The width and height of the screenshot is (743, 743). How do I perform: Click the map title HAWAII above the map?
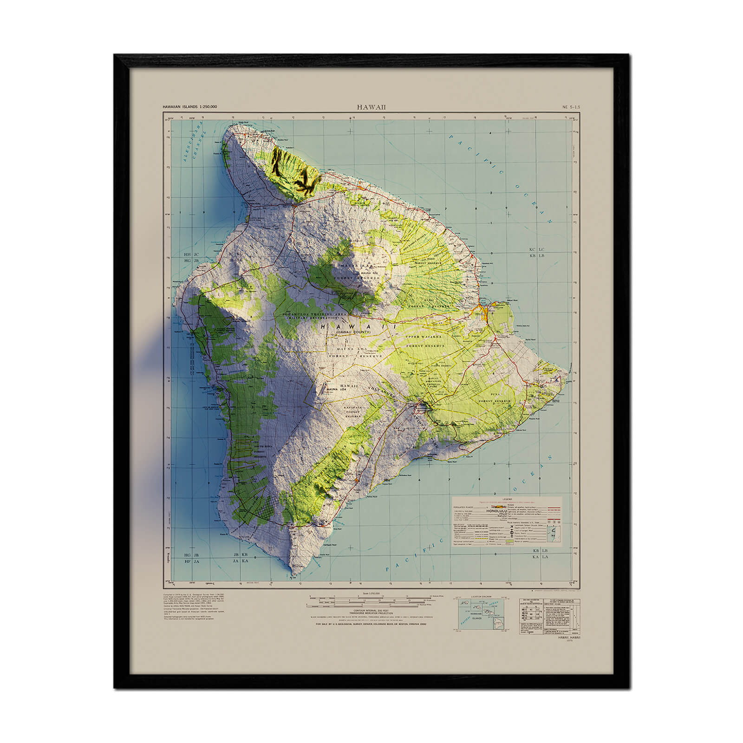[x=371, y=106]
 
